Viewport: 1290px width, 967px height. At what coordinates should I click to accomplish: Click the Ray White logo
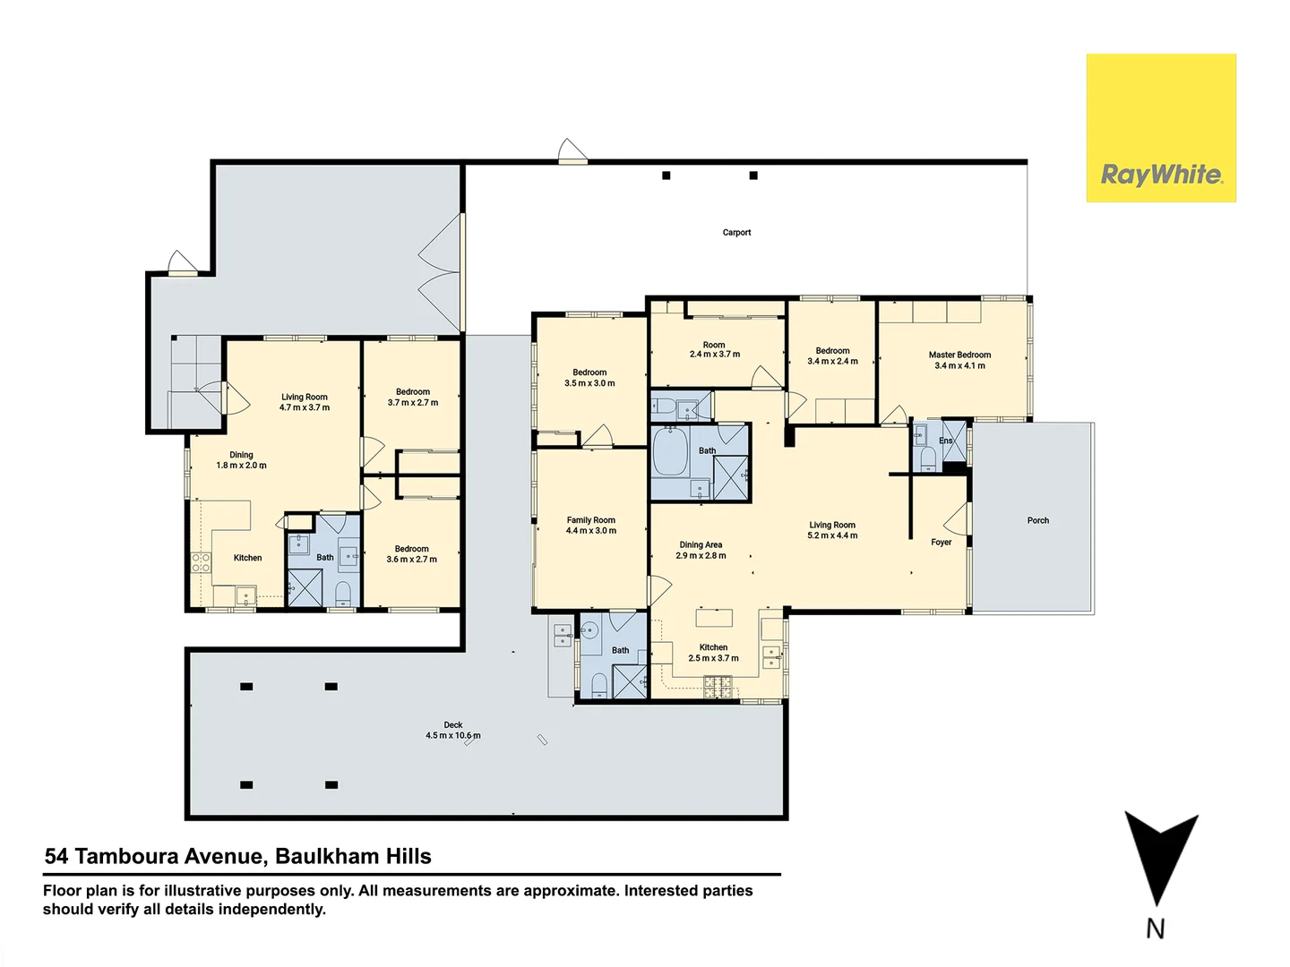[x=1161, y=128]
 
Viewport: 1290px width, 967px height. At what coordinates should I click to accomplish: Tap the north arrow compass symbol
[x=1159, y=860]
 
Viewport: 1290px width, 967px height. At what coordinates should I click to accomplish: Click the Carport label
[x=736, y=233]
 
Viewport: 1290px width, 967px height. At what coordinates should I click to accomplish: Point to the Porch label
[x=1037, y=520]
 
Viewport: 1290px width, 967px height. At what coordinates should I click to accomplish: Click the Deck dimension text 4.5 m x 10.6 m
[x=452, y=736]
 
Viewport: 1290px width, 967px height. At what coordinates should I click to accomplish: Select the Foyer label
[x=941, y=543]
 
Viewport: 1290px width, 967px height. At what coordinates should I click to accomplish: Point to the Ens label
[x=945, y=441]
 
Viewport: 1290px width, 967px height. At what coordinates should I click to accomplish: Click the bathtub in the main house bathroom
[x=669, y=452]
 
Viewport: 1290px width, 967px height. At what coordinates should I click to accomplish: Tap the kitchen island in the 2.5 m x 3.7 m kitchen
[x=714, y=618]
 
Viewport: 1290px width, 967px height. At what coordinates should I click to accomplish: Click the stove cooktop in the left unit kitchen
[x=201, y=562]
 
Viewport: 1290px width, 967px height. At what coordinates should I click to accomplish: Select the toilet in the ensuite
[x=928, y=458]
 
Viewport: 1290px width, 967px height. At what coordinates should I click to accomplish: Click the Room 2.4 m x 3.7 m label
[x=714, y=350]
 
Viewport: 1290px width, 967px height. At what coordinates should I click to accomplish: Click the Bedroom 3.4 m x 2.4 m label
[x=832, y=356]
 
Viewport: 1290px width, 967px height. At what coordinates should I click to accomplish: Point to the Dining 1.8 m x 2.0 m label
[x=241, y=460]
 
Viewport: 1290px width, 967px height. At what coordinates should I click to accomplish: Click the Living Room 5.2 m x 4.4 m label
[x=832, y=531]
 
